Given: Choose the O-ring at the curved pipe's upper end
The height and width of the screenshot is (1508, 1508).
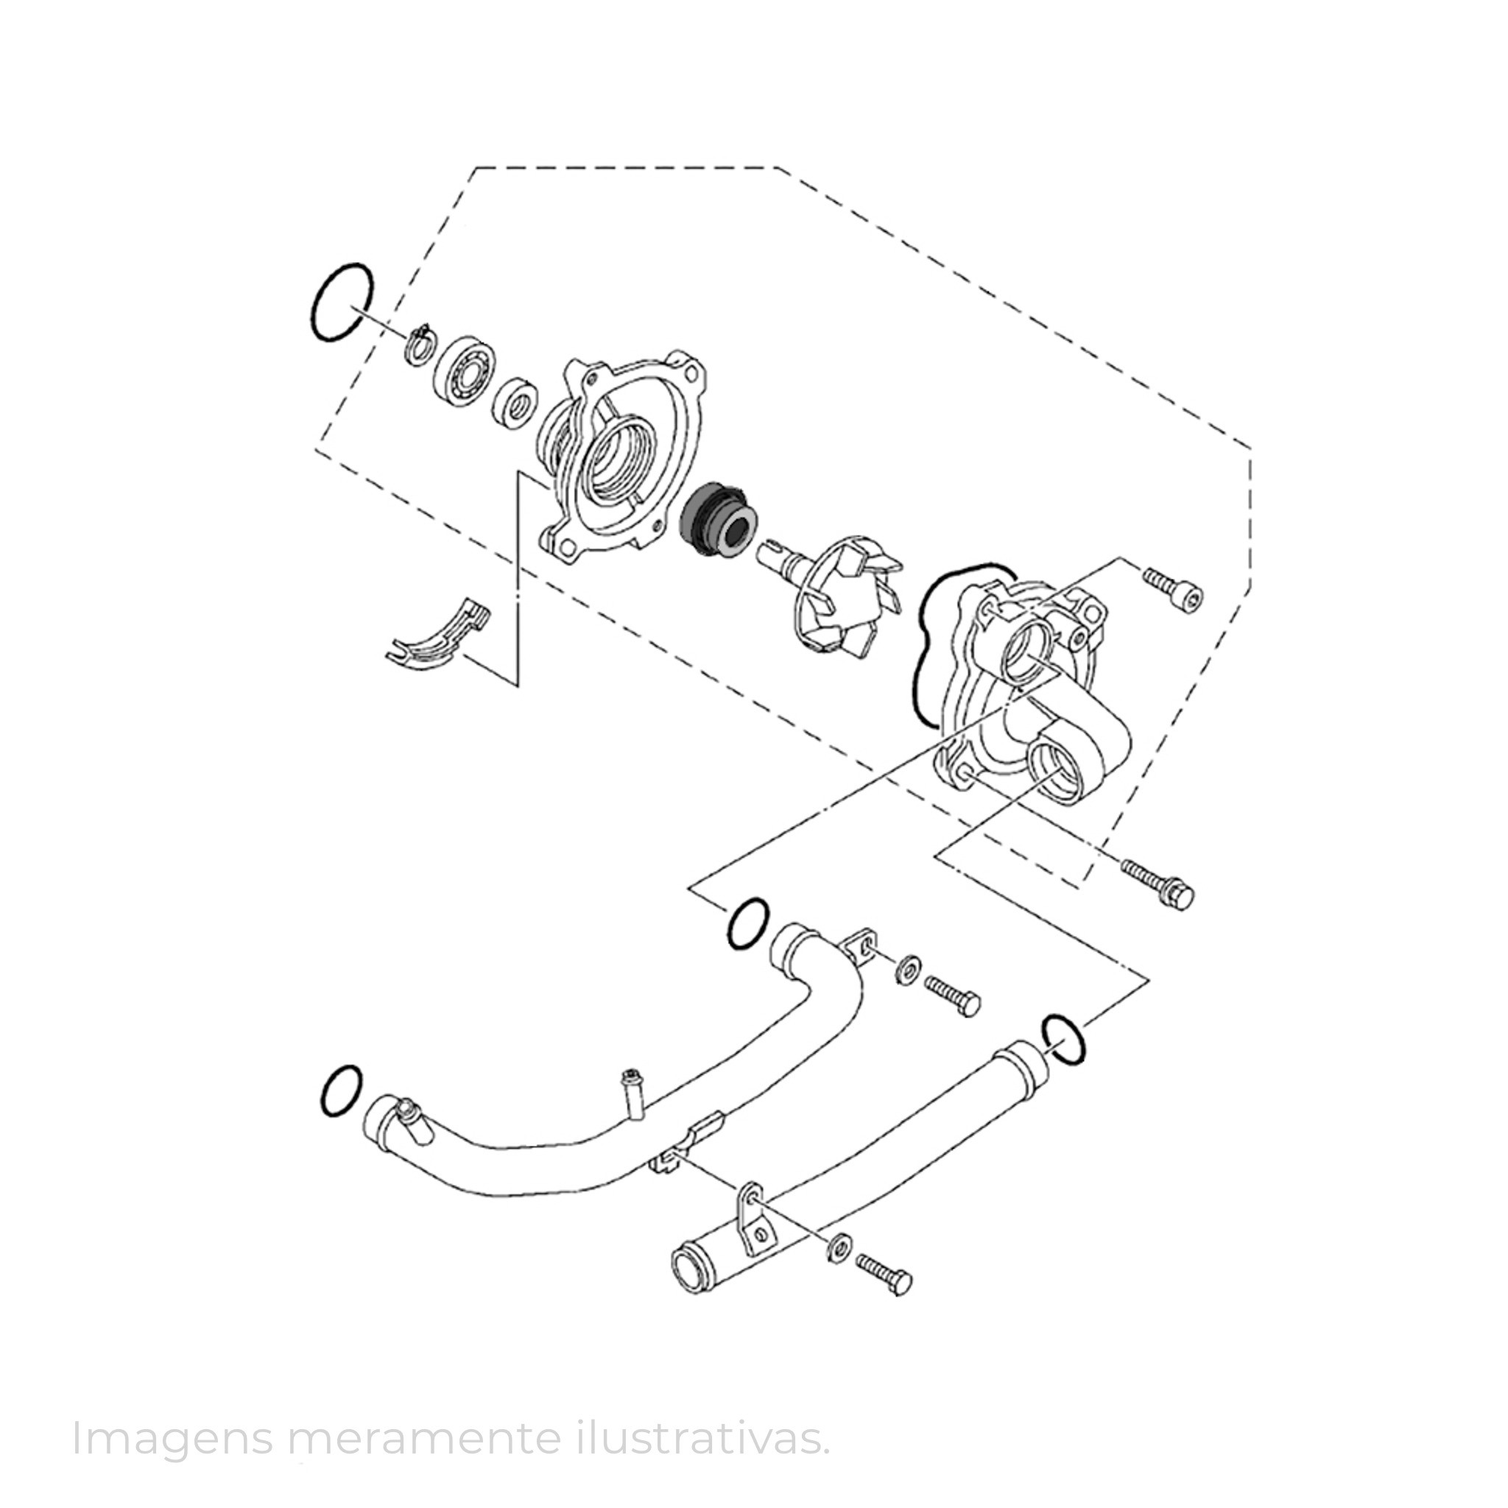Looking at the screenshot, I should click(x=748, y=924).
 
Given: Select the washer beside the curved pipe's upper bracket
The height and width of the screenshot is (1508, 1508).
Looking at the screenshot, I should click(x=906, y=970).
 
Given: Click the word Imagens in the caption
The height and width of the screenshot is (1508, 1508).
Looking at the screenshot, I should click(x=171, y=1437).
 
